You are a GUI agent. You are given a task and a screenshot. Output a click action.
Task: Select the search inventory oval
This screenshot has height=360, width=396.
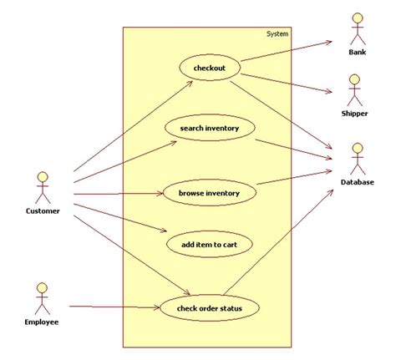click(x=209, y=128)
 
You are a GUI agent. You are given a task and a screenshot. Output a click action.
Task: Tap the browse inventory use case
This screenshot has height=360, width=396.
click(x=209, y=194)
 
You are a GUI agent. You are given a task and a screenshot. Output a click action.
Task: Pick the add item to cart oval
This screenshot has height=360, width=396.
click(x=209, y=244)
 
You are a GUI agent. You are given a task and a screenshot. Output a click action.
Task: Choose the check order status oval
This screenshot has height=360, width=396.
click(x=209, y=309)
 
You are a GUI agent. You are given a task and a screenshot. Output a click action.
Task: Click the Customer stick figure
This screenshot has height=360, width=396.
click(x=42, y=186)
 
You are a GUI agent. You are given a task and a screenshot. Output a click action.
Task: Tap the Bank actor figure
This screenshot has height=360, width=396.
click(x=358, y=28)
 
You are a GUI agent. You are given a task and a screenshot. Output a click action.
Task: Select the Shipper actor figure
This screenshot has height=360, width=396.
click(x=354, y=89)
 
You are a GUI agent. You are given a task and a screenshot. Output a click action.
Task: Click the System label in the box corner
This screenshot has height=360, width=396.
click(x=277, y=33)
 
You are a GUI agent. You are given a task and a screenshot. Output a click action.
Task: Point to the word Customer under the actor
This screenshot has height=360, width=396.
click(x=42, y=211)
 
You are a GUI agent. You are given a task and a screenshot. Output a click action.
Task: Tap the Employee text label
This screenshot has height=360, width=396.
click(x=42, y=321)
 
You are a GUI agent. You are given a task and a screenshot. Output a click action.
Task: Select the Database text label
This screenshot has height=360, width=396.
click(x=357, y=182)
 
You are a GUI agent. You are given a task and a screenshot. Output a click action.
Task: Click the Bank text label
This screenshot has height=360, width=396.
click(x=358, y=53)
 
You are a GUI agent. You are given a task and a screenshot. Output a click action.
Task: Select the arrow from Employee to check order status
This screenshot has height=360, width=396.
click(x=113, y=307)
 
